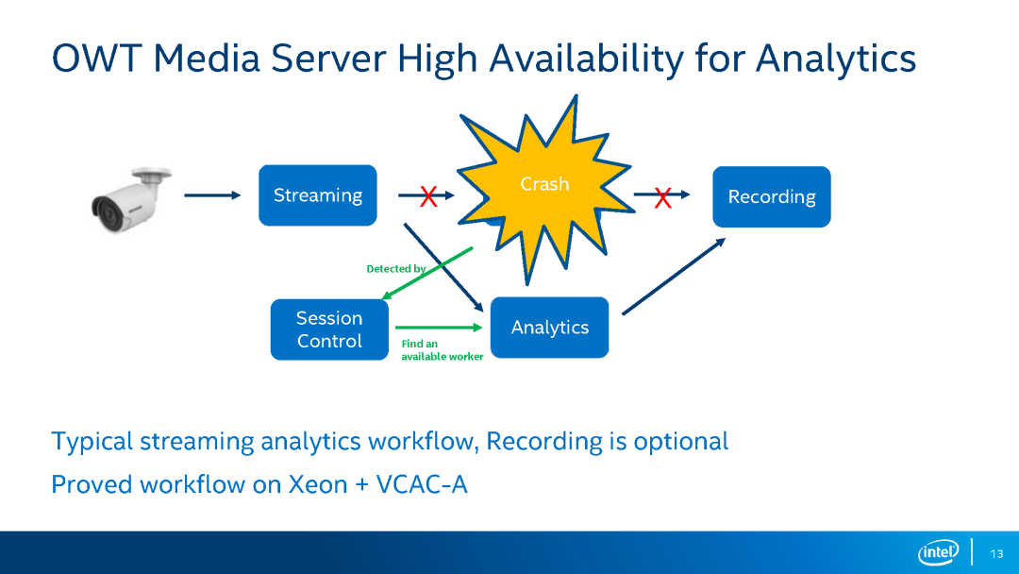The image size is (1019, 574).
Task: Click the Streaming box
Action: pyautogui.click(x=318, y=195)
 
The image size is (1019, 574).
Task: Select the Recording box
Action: pyautogui.click(x=772, y=196)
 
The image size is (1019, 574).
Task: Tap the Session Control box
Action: pyautogui.click(x=329, y=329)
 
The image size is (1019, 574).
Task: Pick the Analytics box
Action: pyautogui.click(x=550, y=328)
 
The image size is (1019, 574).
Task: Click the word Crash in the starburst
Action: pyautogui.click(x=544, y=184)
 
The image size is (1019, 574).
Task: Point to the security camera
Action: pyautogui.click(x=132, y=199)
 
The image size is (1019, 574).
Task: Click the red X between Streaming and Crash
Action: pyautogui.click(x=428, y=195)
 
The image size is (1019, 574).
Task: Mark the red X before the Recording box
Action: pyautogui.click(x=663, y=197)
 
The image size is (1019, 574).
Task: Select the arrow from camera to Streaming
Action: pyautogui.click(x=212, y=195)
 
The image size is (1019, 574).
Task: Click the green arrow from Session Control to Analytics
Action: pyautogui.click(x=440, y=328)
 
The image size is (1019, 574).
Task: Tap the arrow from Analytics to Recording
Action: pyautogui.click(x=674, y=277)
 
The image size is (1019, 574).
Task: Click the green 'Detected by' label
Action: pyautogui.click(x=395, y=268)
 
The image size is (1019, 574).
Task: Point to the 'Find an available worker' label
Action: pyautogui.click(x=442, y=349)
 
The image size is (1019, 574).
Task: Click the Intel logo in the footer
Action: pyautogui.click(x=939, y=552)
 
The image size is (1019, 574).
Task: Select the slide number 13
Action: pyautogui.click(x=997, y=554)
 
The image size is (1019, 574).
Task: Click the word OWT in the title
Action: pyautogui.click(x=97, y=58)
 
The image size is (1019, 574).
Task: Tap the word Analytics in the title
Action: pyautogui.click(x=836, y=59)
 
